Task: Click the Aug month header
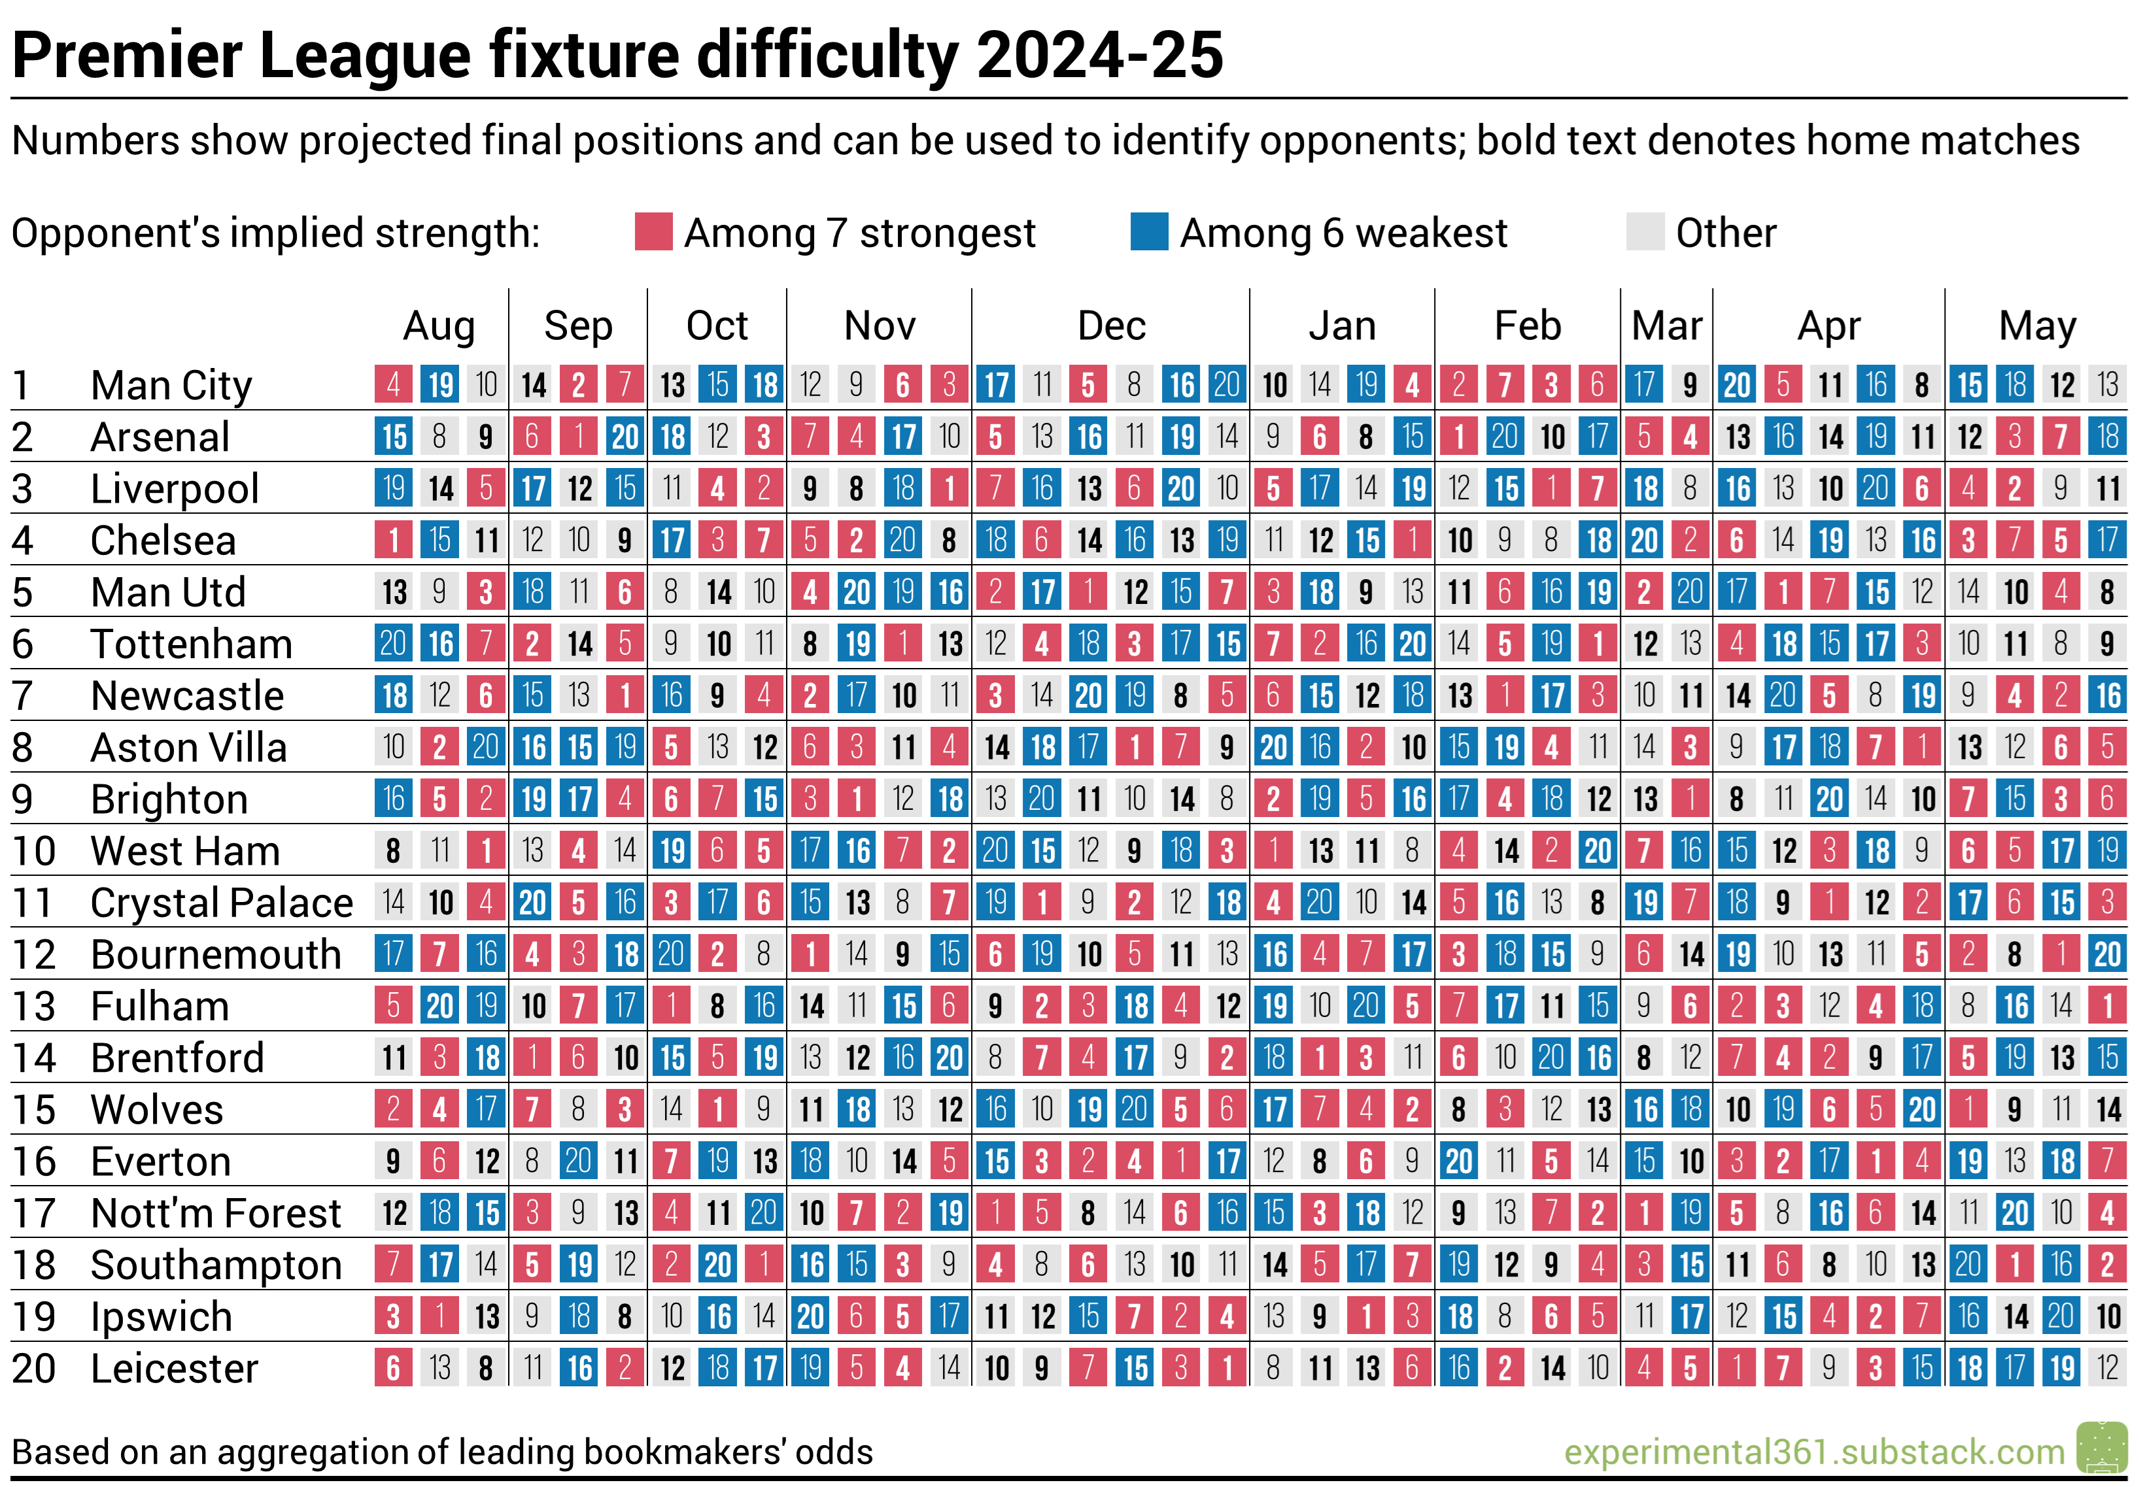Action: pyautogui.click(x=439, y=326)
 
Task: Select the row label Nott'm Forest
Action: pyautogui.click(x=216, y=1213)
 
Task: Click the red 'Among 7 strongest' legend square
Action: pyautogui.click(x=653, y=232)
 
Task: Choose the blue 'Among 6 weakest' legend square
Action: pyautogui.click(x=1149, y=232)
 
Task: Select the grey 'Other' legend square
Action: pyautogui.click(x=1645, y=232)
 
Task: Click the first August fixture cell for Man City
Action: pyautogui.click(x=393, y=384)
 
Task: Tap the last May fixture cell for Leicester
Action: pyautogui.click(x=2108, y=1368)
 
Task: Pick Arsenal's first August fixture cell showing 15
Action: pyautogui.click(x=393, y=437)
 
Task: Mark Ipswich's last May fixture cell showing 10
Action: pyautogui.click(x=2108, y=1316)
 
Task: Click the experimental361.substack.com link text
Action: pyautogui.click(x=1814, y=1452)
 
